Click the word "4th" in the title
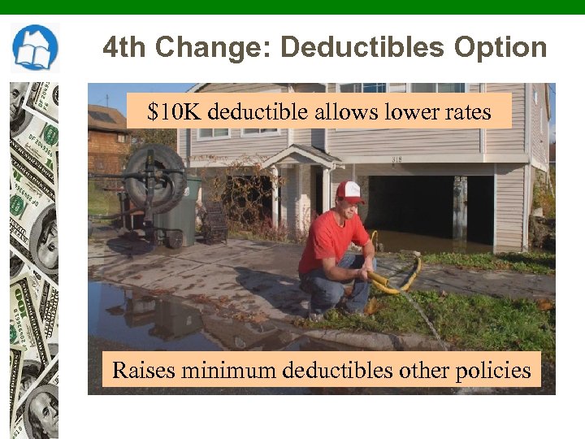click(x=125, y=47)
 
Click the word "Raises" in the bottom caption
click(x=143, y=371)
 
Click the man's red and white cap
click(x=349, y=191)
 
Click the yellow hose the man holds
click(x=398, y=280)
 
